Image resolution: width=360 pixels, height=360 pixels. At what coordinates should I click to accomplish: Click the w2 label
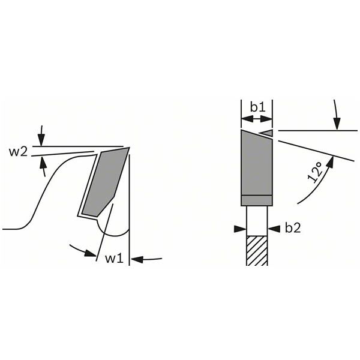click(x=17, y=151)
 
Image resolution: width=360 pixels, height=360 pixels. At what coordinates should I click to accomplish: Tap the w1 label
click(x=114, y=259)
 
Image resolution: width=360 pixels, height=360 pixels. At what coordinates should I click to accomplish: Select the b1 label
click(x=258, y=107)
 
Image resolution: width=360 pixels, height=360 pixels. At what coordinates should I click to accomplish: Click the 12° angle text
click(x=315, y=171)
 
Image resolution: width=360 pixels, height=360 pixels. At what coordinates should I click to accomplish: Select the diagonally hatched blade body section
click(x=257, y=250)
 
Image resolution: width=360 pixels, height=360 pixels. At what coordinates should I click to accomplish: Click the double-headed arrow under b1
click(x=257, y=120)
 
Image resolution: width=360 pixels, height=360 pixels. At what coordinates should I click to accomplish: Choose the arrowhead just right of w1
click(x=135, y=259)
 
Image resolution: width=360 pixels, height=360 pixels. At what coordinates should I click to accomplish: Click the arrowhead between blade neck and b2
click(x=275, y=228)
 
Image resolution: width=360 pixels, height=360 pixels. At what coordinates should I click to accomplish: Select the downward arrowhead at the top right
click(x=338, y=124)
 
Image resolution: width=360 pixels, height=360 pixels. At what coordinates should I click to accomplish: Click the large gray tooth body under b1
click(x=256, y=165)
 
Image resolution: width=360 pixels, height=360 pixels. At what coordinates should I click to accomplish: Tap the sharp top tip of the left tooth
click(x=129, y=147)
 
